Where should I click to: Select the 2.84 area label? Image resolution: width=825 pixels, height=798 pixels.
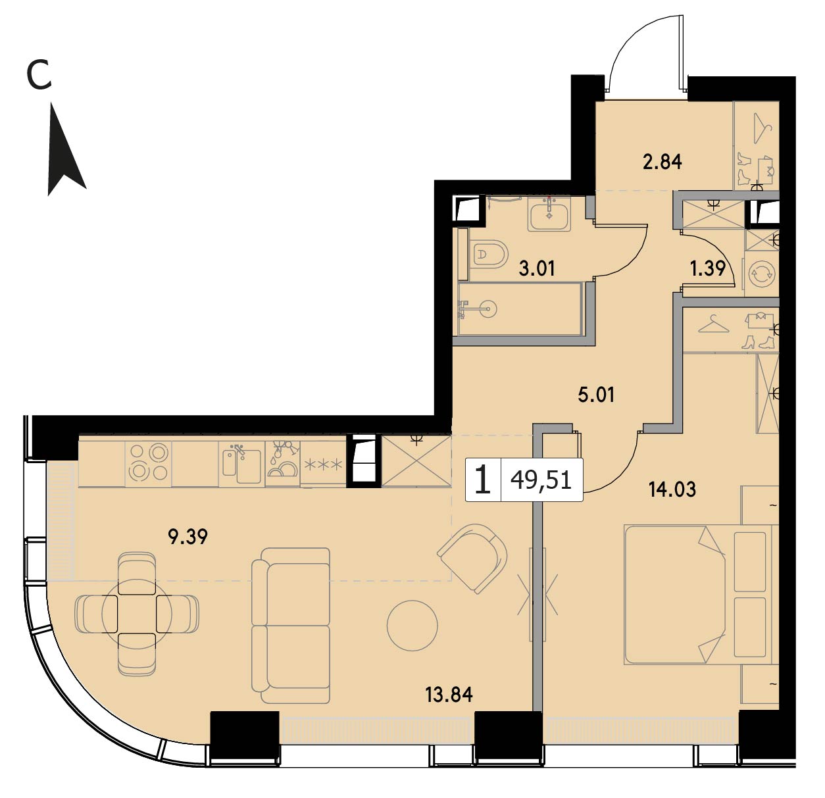(662, 162)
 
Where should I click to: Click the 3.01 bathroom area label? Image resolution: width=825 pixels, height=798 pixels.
(537, 269)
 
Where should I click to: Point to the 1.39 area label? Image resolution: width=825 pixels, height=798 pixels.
(708, 268)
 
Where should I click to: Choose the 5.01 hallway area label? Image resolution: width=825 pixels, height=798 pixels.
(595, 395)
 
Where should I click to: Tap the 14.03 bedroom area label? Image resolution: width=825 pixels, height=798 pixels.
(672, 489)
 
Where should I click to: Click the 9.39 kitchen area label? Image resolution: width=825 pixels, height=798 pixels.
(187, 537)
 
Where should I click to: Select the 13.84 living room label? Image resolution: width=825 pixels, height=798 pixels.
(449, 695)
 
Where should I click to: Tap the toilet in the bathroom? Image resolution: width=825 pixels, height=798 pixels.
(488, 255)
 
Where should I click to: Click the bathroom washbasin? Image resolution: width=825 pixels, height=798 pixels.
(549, 214)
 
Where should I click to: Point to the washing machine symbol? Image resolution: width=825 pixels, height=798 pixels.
(762, 274)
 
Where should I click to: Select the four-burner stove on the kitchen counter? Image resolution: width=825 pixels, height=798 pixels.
(149, 463)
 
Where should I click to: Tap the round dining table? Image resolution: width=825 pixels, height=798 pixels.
(136, 614)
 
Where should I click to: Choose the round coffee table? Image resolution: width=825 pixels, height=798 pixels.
(412, 626)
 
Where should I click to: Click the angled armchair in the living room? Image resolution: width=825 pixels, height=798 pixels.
(472, 558)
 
